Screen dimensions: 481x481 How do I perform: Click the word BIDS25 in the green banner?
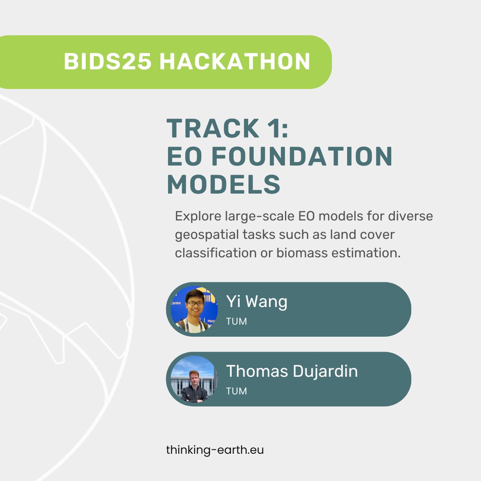tap(107, 62)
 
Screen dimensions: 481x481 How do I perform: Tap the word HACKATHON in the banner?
tap(235, 62)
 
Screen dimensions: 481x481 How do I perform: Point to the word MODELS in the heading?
tap(224, 184)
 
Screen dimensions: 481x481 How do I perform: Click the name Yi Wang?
tap(257, 301)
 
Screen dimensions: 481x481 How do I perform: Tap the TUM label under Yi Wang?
tap(236, 321)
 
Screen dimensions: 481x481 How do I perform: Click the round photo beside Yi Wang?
tap(194, 309)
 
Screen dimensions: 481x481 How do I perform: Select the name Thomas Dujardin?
tap(292, 371)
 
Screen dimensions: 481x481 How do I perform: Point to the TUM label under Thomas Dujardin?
tap(236, 391)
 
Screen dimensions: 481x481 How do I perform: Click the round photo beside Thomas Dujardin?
tap(194, 379)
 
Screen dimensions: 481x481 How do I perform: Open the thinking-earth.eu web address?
tap(215, 450)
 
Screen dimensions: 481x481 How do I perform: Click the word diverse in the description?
tap(410, 216)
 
